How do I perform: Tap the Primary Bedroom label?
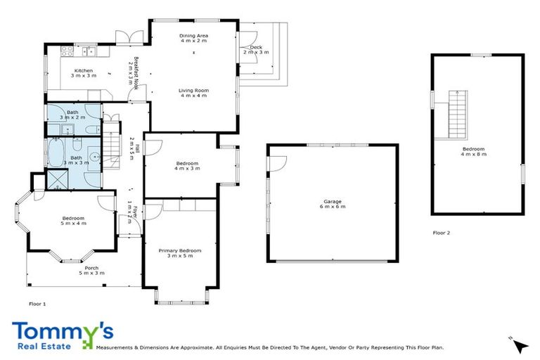180,250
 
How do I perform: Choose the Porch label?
91,267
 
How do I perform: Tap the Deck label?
255,47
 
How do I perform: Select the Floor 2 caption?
441,232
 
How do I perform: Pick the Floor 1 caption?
37,304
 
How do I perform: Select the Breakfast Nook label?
132,70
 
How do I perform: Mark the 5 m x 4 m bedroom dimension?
73,224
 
